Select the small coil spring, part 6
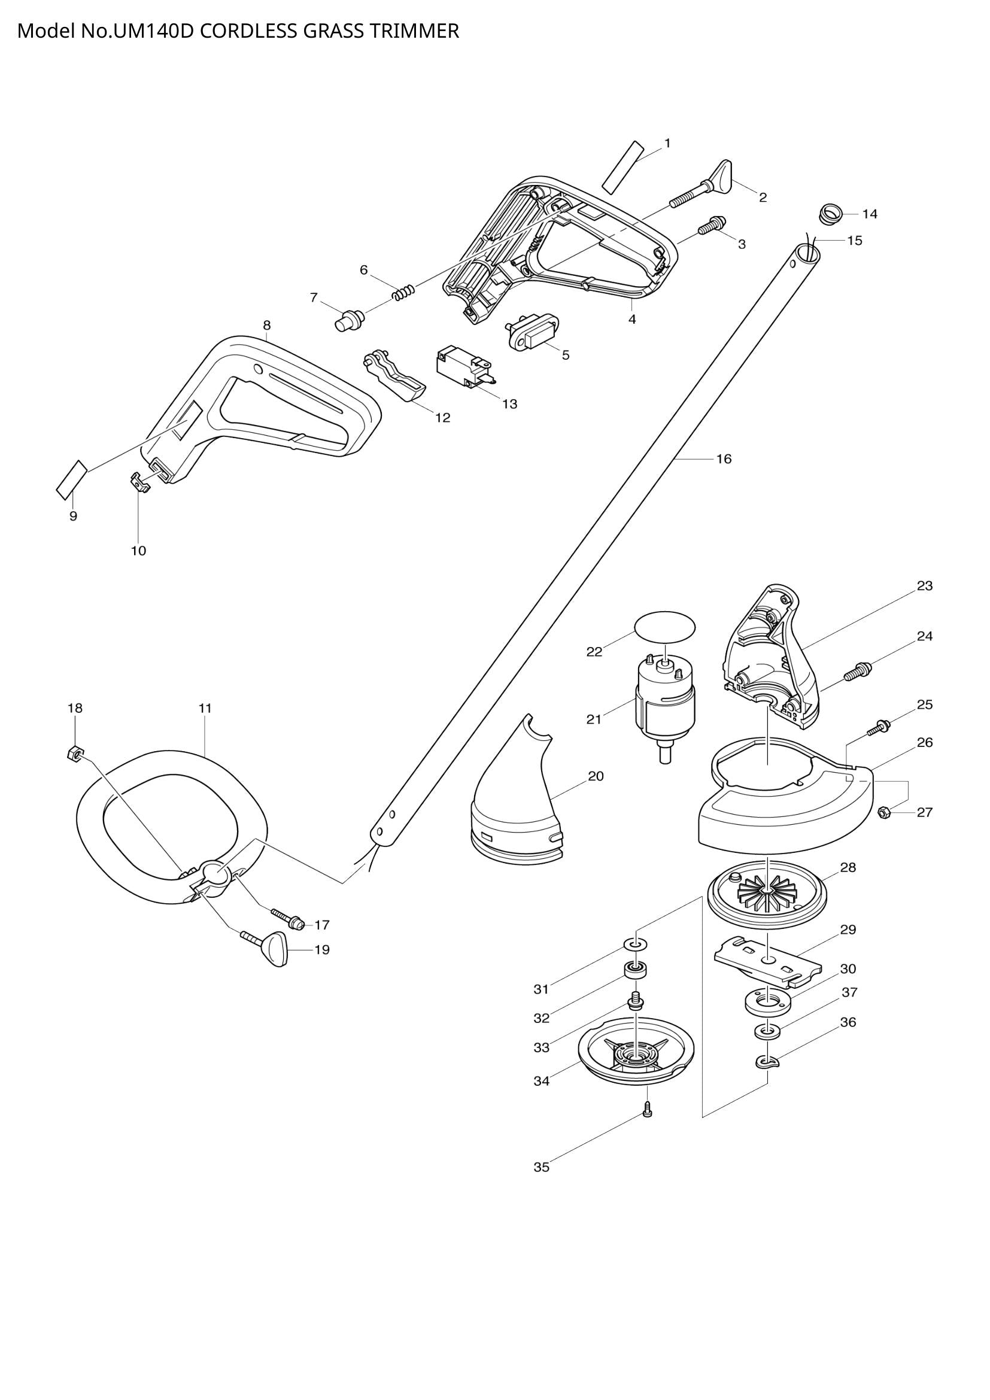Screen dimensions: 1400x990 [403, 293]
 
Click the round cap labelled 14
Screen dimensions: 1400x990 [830, 214]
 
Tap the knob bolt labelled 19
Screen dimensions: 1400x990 [268, 945]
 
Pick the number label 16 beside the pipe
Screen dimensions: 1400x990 [724, 458]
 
